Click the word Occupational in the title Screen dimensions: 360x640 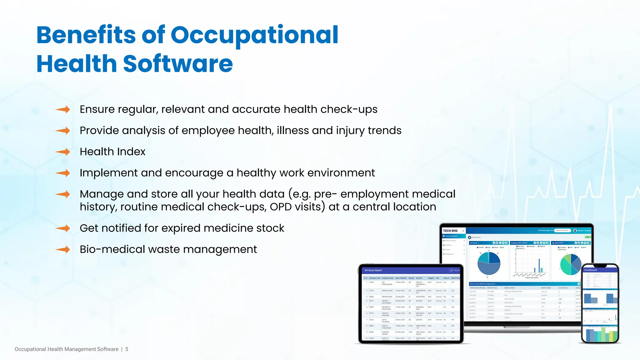[254, 35]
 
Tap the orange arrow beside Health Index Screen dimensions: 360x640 [63, 152]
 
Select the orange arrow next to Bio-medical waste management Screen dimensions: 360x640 [63, 249]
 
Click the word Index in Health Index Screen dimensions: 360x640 [131, 152]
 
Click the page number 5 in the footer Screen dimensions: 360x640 [127, 349]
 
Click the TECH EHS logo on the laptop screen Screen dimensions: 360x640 [450, 231]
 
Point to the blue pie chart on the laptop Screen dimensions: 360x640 [489, 263]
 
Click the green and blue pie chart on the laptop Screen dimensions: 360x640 [571, 264]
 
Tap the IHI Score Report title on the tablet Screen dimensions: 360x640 [373, 270]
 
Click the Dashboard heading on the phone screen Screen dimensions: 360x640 [590, 270]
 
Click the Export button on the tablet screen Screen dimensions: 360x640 [455, 270]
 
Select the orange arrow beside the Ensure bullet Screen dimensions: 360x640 [63, 109]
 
